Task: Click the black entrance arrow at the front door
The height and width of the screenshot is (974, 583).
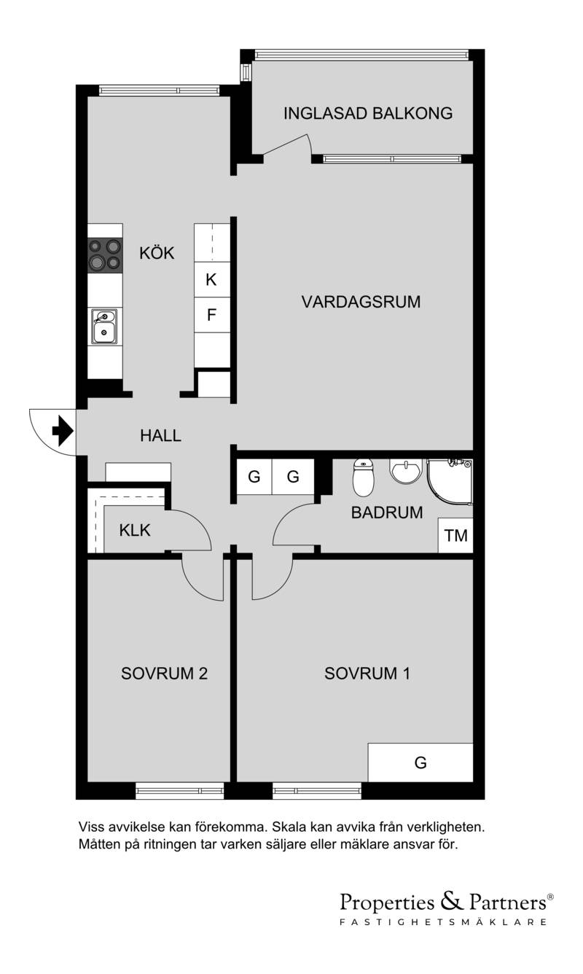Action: click(63, 431)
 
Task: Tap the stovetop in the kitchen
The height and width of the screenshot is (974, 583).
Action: click(105, 255)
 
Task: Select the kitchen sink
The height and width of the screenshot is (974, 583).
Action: click(103, 327)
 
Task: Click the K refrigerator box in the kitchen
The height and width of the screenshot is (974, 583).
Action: click(212, 280)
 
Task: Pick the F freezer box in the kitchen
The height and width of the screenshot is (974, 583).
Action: click(212, 315)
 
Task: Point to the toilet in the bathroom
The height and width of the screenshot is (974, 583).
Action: click(363, 478)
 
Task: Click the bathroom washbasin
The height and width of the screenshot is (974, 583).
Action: click(406, 470)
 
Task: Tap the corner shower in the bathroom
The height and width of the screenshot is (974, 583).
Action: click(450, 482)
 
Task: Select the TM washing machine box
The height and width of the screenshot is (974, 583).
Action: click(455, 535)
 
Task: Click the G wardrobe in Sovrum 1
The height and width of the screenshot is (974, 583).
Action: click(420, 762)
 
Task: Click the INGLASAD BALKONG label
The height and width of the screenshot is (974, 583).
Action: click(368, 114)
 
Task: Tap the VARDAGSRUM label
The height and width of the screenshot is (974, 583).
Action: click(361, 302)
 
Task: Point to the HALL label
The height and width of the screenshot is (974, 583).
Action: click(160, 436)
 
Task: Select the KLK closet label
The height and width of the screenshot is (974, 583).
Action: click(135, 531)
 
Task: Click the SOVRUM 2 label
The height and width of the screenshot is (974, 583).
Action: click(165, 674)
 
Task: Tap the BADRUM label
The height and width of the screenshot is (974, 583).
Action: click(387, 513)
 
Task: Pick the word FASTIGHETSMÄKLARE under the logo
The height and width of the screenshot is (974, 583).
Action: click(443, 922)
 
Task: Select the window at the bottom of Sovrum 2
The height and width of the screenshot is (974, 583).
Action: click(179, 790)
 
